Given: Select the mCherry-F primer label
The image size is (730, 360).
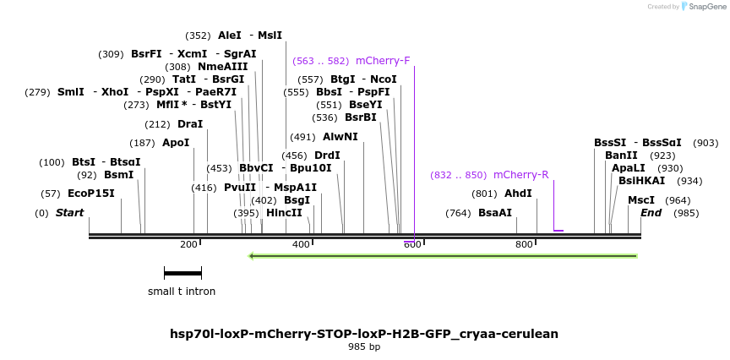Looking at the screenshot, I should click(x=383, y=61).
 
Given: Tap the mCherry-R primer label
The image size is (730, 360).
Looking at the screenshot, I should click(x=520, y=175).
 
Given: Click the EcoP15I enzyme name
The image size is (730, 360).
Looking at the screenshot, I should click(x=90, y=194).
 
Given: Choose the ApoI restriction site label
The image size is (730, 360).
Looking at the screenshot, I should click(x=176, y=143).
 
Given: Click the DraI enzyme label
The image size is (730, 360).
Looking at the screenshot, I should click(x=190, y=124).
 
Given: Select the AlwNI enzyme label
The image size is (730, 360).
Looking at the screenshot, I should click(x=340, y=137).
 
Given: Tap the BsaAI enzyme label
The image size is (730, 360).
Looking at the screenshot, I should click(x=495, y=213).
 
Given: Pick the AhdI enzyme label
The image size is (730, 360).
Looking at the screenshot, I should click(x=518, y=194).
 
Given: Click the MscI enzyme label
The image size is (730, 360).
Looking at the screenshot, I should click(x=641, y=200).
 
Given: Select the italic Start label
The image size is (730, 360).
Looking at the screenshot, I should click(x=69, y=213).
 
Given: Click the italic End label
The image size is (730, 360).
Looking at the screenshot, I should click(x=651, y=213).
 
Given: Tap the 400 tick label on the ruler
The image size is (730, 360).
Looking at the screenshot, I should click(x=301, y=244).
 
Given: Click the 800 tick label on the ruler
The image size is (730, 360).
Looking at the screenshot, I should click(x=524, y=244).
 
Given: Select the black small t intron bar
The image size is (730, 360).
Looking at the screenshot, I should click(x=182, y=273).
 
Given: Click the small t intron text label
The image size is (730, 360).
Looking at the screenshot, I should click(x=182, y=292).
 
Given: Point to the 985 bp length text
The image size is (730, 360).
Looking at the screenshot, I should click(x=364, y=346).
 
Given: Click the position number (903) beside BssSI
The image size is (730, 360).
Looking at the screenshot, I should click(x=705, y=144).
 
